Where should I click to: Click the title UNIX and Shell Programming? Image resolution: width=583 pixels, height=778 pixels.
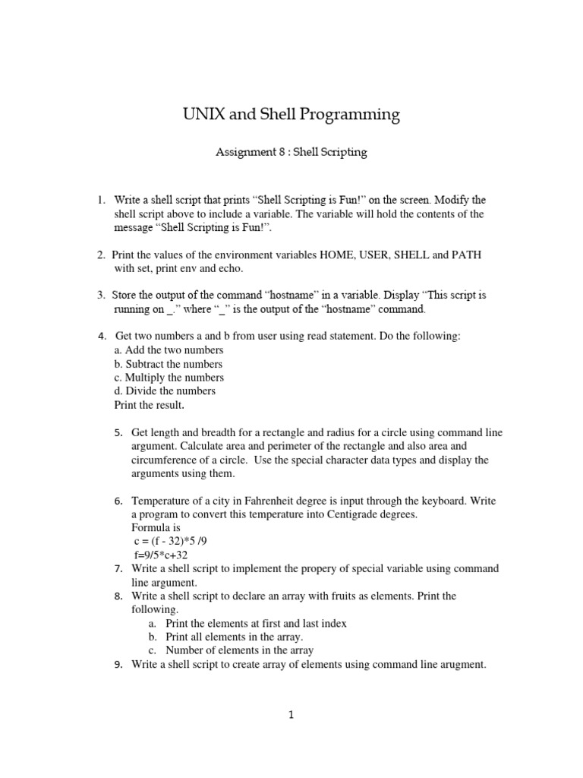[291, 115]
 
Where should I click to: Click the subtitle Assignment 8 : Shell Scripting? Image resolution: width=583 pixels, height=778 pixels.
[291, 152]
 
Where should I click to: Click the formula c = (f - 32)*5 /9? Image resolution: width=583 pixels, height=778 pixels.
[171, 541]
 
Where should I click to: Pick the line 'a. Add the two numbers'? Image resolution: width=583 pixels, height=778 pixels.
[169, 349]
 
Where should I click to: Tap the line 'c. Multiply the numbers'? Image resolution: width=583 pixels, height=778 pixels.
[169, 377]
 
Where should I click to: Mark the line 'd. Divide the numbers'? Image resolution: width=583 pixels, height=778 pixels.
[165, 391]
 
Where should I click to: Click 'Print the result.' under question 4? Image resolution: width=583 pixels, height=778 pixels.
[149, 404]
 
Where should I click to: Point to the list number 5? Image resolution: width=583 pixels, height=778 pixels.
[119, 432]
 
